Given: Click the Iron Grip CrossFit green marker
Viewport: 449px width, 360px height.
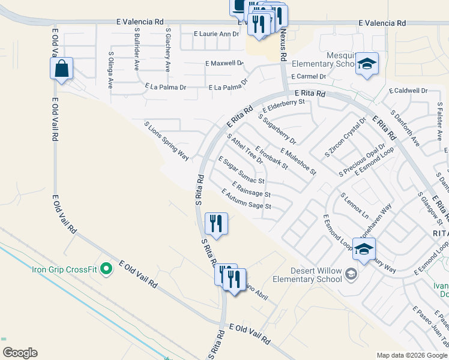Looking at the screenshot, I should click(x=107, y=269).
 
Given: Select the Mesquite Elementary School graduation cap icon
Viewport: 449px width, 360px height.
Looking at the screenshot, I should click(x=366, y=63).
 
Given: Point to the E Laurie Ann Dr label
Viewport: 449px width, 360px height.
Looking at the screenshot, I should click(x=217, y=34).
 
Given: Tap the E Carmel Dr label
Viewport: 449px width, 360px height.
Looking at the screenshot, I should click(x=308, y=77).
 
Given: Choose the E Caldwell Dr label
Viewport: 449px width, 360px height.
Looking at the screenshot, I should click(x=408, y=91).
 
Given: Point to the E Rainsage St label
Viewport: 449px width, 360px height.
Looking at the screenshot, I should click(x=251, y=189).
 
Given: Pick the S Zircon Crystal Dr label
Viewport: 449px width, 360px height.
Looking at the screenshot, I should click(x=345, y=137).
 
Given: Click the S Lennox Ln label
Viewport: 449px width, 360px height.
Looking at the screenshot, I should click(x=354, y=205).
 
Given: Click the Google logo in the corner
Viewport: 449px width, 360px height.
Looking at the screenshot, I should click(x=20, y=353).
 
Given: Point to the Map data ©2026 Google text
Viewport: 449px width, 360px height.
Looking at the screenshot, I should click(x=412, y=355).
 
